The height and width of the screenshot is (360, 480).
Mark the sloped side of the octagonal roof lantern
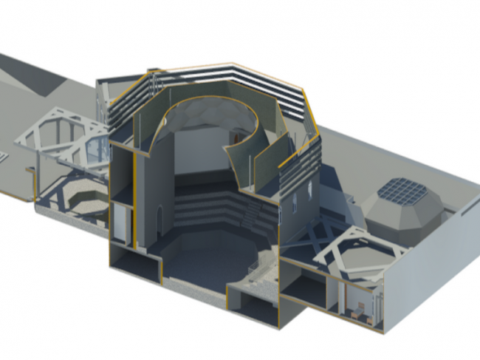click(x=399, y=214)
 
